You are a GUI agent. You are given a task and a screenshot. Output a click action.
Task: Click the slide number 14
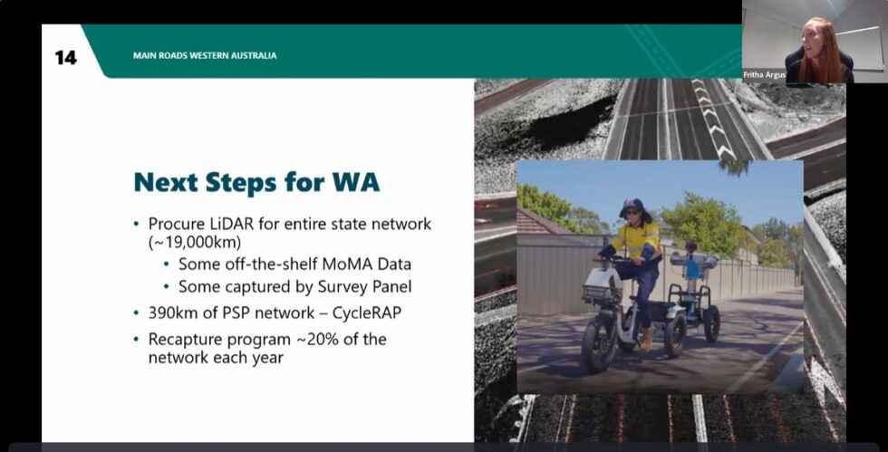click(65, 57)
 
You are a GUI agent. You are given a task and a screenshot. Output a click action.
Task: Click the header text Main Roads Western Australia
click(204, 56)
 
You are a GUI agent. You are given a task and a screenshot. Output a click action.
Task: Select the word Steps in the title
click(256, 182)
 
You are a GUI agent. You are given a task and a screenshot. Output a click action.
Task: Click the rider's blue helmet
click(632, 207)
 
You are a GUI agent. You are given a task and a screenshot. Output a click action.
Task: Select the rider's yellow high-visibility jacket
click(637, 241)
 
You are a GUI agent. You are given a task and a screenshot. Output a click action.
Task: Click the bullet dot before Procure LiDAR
click(137, 224)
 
